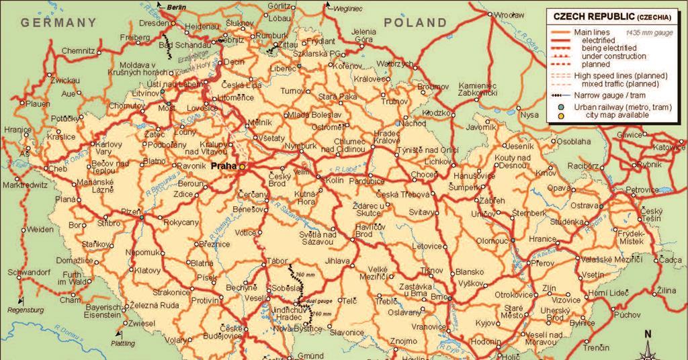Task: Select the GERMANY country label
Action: pyautogui.click(x=58, y=22)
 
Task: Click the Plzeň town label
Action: pyautogui.click(x=130, y=211)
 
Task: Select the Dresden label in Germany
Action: pyautogui.click(x=155, y=22)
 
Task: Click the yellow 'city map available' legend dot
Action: pyautogui.click(x=560, y=116)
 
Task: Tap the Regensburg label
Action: pyautogui.click(x=25, y=310)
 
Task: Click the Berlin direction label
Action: pyautogui.click(x=176, y=7)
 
